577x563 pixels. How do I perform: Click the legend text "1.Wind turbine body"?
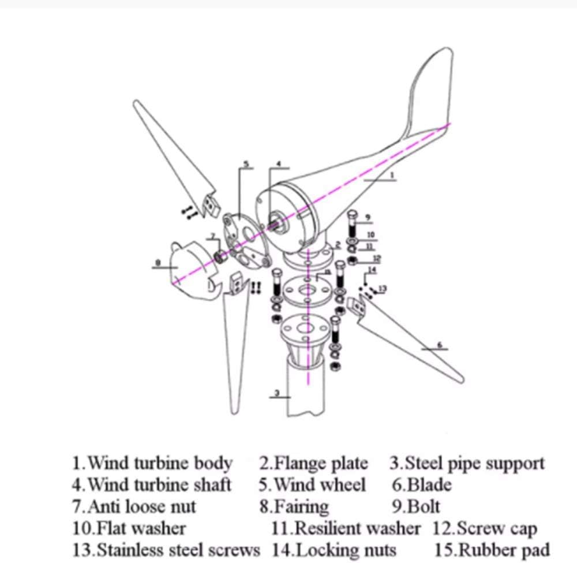(x=152, y=463)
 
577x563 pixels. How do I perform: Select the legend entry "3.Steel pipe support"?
(x=466, y=463)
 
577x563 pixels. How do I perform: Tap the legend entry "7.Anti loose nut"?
(x=134, y=506)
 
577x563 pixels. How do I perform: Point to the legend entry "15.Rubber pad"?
(x=492, y=549)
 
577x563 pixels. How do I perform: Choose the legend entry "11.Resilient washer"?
(x=346, y=528)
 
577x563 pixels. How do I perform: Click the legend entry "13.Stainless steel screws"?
(x=166, y=549)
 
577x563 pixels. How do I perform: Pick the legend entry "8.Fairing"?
(x=294, y=506)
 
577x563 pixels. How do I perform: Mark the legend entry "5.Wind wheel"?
(x=312, y=484)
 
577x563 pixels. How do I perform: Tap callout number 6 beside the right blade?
(x=439, y=345)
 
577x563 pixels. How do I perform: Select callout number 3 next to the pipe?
(x=277, y=393)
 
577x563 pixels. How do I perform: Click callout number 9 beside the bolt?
(x=368, y=218)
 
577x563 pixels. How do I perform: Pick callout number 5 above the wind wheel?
(x=246, y=164)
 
